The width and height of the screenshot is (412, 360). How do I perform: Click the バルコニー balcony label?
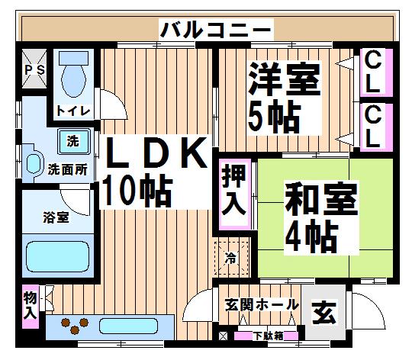point(216,30)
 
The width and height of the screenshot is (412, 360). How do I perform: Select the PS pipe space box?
point(34,69)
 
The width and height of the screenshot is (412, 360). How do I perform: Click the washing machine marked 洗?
point(73,142)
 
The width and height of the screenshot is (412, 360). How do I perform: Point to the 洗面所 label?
point(68,170)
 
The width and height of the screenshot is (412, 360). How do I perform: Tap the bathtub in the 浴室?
point(58,256)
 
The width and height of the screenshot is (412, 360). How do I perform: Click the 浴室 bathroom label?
point(56,217)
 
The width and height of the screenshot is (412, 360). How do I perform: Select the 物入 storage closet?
point(31,307)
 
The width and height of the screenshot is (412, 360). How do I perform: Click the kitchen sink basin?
point(128,326)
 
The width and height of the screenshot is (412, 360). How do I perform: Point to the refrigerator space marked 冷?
point(231,258)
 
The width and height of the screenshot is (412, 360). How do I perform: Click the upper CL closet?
point(376,72)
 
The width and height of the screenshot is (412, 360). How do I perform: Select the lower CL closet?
point(376,127)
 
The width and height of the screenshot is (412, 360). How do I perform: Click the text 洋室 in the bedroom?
point(285,79)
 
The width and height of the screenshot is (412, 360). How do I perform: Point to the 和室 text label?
point(322,198)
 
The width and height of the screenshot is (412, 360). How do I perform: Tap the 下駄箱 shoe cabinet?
point(266,336)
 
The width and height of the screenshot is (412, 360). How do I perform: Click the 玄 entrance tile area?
point(323,313)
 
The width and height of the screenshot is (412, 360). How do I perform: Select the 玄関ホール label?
point(262,304)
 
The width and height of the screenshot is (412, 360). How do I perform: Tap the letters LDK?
point(156,153)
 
